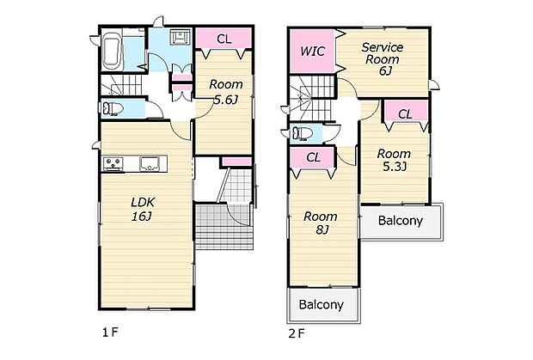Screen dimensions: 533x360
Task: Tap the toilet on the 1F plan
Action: coord(113,109)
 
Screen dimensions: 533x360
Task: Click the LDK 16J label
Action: coord(143,209)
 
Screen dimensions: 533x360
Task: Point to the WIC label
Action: coord(312,52)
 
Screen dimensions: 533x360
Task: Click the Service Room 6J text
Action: coord(383,58)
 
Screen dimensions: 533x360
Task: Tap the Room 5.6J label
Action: coord(226,92)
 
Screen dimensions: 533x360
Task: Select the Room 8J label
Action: coord(321,223)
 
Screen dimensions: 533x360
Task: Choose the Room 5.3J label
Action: coord(394,160)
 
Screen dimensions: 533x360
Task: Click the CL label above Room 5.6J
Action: coord(224,39)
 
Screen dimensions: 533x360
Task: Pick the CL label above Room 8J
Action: coord(314,157)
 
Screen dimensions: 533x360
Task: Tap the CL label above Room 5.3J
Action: coord(405,114)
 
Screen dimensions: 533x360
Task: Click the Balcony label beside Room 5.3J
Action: coord(401,221)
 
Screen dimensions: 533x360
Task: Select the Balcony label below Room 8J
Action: coord(322,304)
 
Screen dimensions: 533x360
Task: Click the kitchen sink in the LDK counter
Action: coord(150,163)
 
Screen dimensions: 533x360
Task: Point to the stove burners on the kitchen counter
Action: coord(113,164)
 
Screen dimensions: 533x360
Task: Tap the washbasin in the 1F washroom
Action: coord(179,36)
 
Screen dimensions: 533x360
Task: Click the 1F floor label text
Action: coord(110,333)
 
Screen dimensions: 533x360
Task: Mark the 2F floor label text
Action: coord(297,333)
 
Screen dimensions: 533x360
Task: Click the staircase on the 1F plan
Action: coord(121,85)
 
